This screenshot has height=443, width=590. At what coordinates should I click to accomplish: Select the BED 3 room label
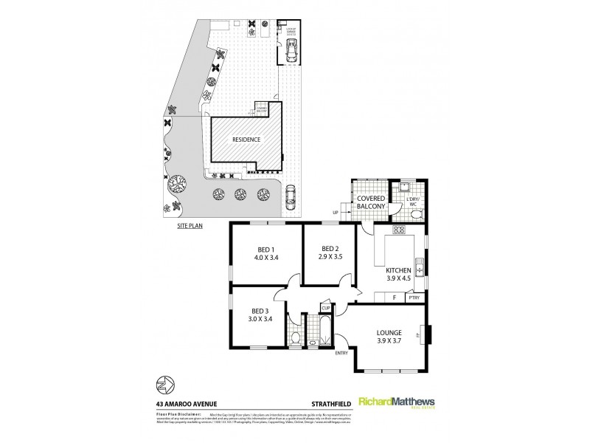258,311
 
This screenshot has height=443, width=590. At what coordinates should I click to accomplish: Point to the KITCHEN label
398,271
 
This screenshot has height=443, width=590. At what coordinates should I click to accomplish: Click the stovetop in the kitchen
399,230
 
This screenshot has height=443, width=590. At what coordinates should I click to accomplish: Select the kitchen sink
420,266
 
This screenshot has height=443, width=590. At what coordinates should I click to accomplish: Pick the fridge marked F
394,297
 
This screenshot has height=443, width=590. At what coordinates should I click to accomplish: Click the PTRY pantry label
414,298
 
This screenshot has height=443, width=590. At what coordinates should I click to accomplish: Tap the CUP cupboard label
324,307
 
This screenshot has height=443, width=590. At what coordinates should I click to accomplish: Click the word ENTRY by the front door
341,353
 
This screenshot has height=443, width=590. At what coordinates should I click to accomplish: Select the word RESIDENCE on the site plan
246,139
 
